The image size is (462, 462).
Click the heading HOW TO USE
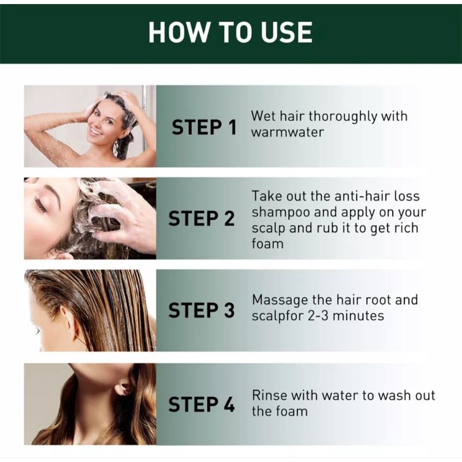230,32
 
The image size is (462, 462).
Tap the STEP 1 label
204,128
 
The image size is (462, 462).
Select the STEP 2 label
202,219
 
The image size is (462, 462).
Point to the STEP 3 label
202,310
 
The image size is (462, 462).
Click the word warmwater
287,132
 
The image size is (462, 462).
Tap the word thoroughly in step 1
342,117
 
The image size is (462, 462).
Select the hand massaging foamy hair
121,215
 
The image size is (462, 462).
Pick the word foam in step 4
290,411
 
